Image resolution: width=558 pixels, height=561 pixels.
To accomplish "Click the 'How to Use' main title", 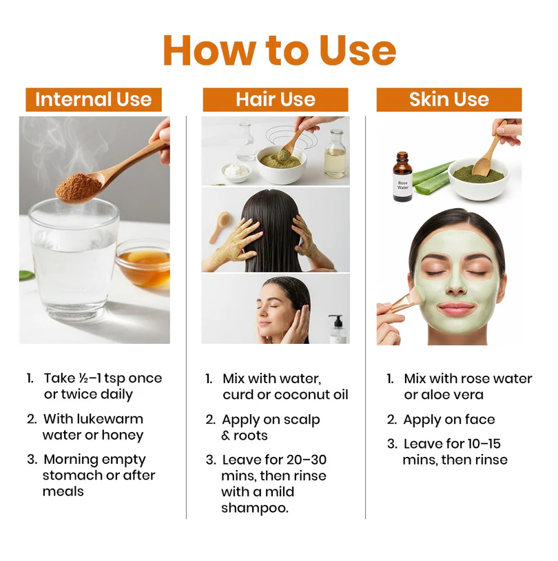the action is (280, 50).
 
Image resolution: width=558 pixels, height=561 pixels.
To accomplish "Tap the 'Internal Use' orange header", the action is (94, 99).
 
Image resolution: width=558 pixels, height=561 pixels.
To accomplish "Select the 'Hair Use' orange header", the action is (276, 99).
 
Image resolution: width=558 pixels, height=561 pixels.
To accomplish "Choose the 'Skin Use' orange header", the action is (449, 99).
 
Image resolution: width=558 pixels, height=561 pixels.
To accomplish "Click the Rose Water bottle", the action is (402, 176).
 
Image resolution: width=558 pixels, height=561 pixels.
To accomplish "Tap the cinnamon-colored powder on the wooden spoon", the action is (79, 187).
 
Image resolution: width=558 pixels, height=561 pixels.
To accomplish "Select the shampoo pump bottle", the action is (337, 329).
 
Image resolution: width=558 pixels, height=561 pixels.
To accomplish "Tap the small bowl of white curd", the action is (236, 172).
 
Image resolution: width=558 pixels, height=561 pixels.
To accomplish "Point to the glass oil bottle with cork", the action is (335, 154).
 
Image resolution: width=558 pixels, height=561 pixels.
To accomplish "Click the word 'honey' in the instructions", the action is (123, 435).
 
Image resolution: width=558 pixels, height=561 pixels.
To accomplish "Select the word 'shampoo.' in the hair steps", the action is (255, 508).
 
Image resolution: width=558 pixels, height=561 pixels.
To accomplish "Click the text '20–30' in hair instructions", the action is (309, 460).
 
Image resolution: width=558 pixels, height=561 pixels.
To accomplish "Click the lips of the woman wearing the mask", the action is (456, 308).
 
